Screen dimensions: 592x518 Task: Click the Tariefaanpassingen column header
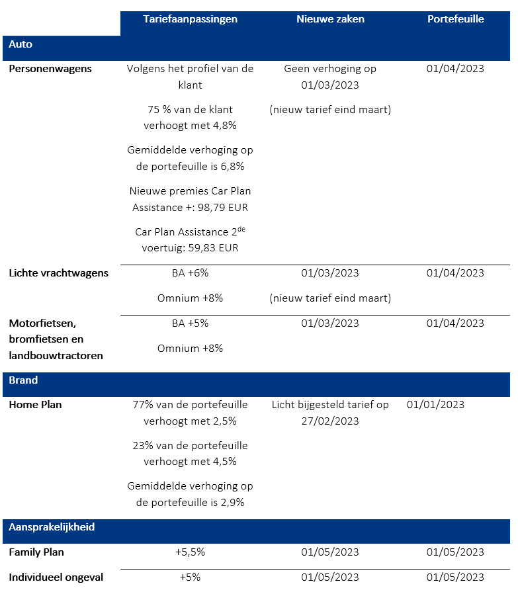[190, 19]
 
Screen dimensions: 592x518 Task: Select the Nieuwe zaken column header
[330, 19]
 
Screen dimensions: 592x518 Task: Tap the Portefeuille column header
[455, 19]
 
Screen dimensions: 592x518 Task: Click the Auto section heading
[21, 45]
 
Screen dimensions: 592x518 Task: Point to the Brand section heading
[23, 380]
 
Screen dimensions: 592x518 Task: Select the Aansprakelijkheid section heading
[52, 527]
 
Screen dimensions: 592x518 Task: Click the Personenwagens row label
[50, 69]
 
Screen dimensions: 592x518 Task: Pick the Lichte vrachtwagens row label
[58, 273]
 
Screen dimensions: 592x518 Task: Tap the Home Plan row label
[35, 405]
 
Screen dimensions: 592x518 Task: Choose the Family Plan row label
[36, 552]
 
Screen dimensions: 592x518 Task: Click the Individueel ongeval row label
[56, 577]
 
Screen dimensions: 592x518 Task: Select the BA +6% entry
[190, 273]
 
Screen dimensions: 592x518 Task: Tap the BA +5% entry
[190, 323]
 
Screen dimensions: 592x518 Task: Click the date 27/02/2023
[330, 421]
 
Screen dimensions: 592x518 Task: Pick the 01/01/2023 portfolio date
[435, 405]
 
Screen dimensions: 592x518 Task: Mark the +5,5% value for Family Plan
[190, 552]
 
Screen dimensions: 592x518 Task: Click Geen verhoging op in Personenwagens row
[329, 69]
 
